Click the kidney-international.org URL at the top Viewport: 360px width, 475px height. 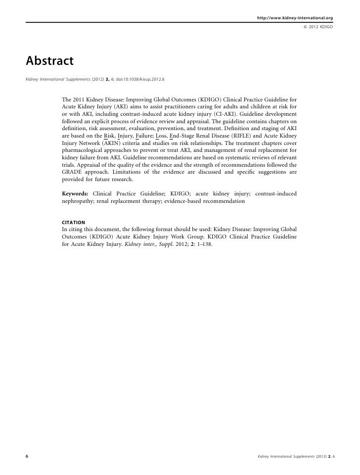coord(295,5)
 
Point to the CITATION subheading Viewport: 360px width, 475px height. coord(73,222)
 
